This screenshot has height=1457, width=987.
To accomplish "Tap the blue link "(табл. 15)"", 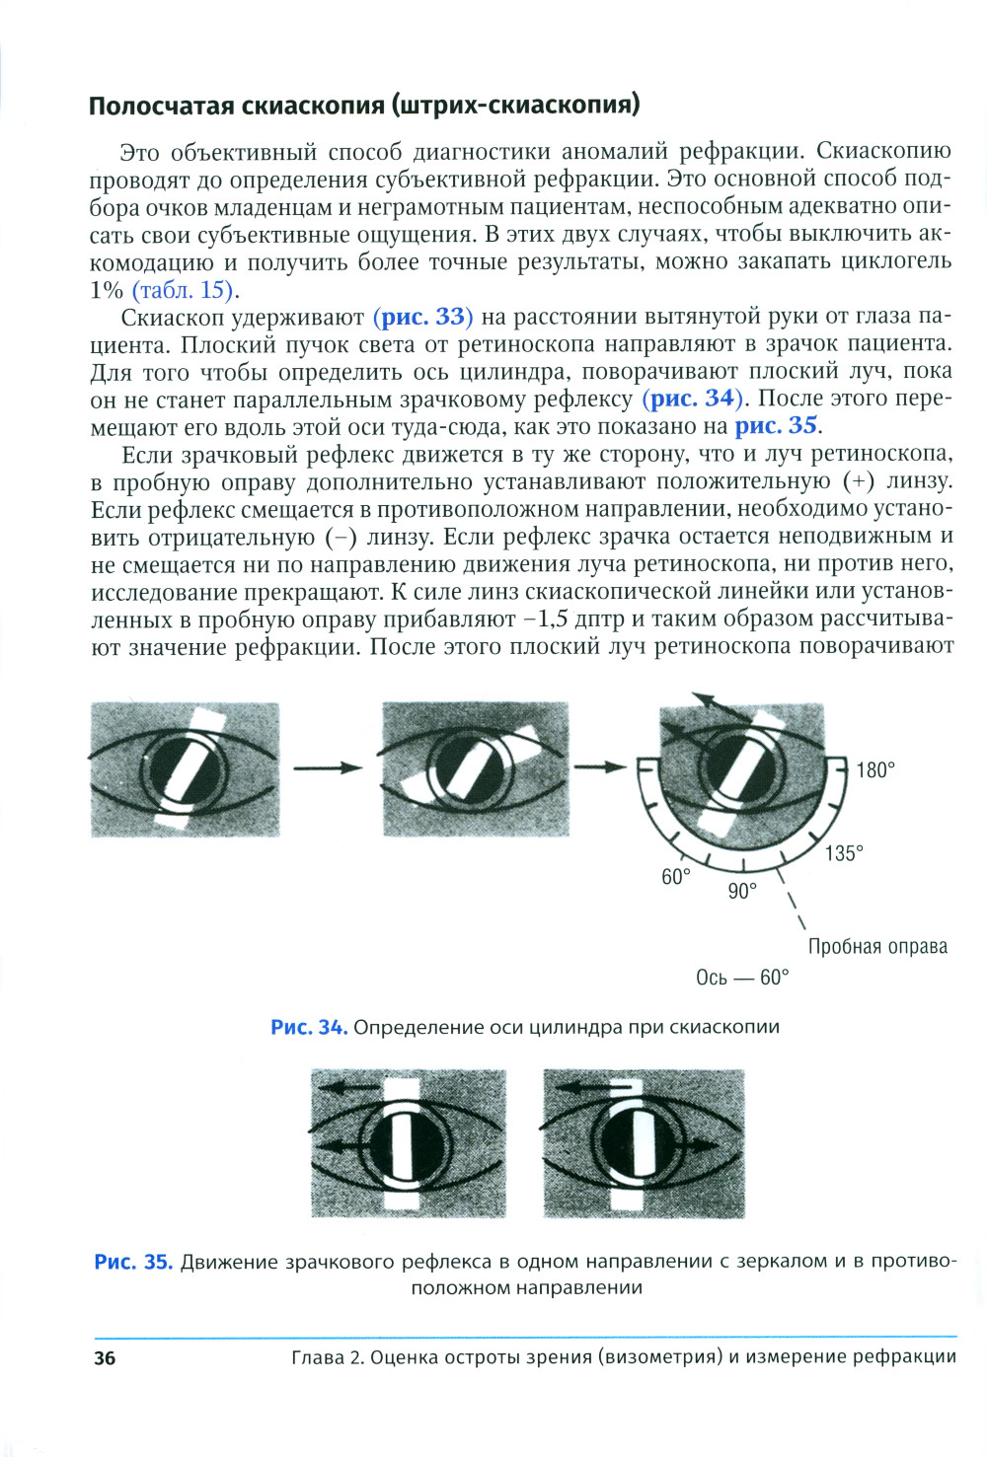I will tap(186, 290).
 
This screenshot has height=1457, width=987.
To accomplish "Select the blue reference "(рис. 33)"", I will tap(423, 317).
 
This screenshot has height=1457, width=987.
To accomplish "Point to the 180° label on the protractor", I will tap(874, 770).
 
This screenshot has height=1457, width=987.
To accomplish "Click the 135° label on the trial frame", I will tap(845, 853).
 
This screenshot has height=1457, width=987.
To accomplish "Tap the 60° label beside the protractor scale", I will tap(676, 877).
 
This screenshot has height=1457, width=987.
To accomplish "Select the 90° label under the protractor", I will tap(742, 891).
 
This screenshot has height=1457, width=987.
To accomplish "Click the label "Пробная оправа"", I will tap(877, 947).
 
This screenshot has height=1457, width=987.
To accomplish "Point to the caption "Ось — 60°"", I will tap(742, 978).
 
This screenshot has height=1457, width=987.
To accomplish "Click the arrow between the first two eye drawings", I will tap(330, 768).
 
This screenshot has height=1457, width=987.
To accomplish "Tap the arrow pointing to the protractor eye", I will tap(601, 767).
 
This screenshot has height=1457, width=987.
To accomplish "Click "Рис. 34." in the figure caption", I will tap(309, 1027).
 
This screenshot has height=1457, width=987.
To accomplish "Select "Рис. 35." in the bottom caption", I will tap(133, 1262).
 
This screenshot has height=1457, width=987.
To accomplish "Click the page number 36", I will tap(105, 1358).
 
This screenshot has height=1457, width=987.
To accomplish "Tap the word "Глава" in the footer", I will tap(317, 1357).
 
